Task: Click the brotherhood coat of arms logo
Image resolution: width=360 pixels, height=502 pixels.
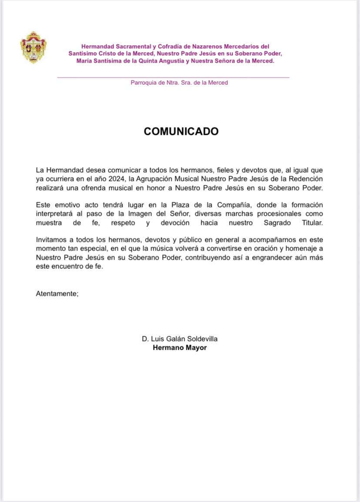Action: [33, 47]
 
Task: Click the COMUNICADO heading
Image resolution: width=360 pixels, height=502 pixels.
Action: [181, 131]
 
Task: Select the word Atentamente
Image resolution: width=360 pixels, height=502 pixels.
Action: [56, 294]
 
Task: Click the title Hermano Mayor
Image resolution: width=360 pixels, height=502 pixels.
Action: [180, 348]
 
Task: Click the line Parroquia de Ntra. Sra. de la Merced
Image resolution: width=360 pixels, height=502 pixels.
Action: [179, 83]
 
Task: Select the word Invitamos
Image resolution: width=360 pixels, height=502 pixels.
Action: [51, 240]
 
